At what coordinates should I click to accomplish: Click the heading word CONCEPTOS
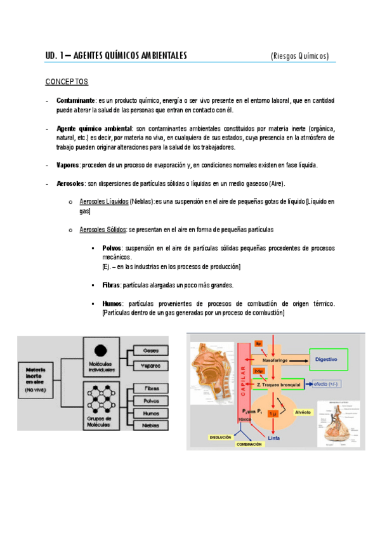tap(67, 82)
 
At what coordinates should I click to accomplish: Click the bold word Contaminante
tap(75, 100)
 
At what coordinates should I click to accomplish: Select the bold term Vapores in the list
tap(68, 165)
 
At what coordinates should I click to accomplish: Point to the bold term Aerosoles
tap(70, 183)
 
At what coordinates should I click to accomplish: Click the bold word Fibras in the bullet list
tap(111, 285)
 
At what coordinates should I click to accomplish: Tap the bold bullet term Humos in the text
tap(112, 304)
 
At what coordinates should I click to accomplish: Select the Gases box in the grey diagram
tap(151, 350)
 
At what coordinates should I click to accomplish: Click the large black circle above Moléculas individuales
tap(100, 350)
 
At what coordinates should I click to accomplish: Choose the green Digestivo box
tap(327, 359)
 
